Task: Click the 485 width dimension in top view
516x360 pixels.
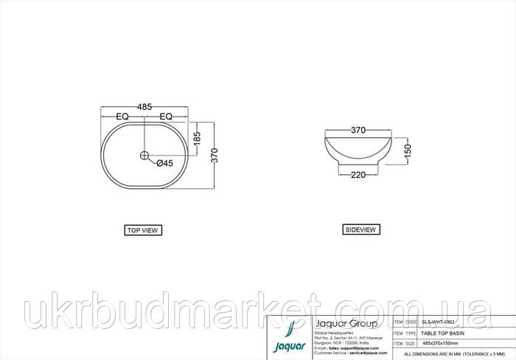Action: (144, 107)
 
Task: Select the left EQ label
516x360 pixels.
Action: (123, 117)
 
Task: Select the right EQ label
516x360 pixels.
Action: (166, 117)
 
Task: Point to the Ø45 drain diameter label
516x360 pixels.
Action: (164, 164)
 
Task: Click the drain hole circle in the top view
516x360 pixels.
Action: (144, 156)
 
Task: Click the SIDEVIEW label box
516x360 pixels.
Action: (361, 229)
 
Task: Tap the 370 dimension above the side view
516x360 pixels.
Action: (358, 131)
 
